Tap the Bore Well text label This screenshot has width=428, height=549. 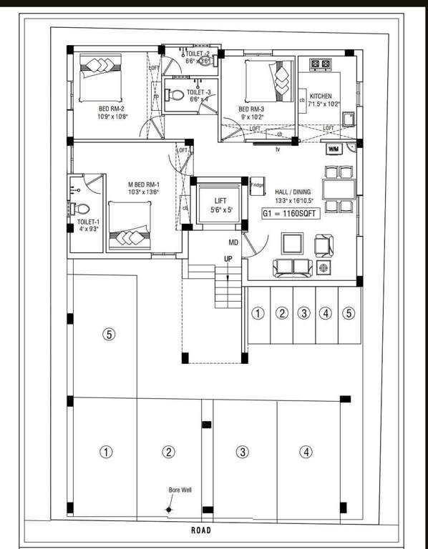pyautogui.click(x=180, y=490)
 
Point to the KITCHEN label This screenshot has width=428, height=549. pyautogui.click(x=321, y=96)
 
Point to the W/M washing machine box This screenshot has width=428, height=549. pyautogui.click(x=334, y=149)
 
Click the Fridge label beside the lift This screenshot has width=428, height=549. pyautogui.click(x=257, y=184)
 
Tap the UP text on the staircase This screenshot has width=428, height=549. pyautogui.click(x=228, y=259)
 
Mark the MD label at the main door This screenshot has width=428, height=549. pyautogui.click(x=233, y=244)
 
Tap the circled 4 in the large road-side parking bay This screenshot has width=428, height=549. pyautogui.click(x=306, y=452)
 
